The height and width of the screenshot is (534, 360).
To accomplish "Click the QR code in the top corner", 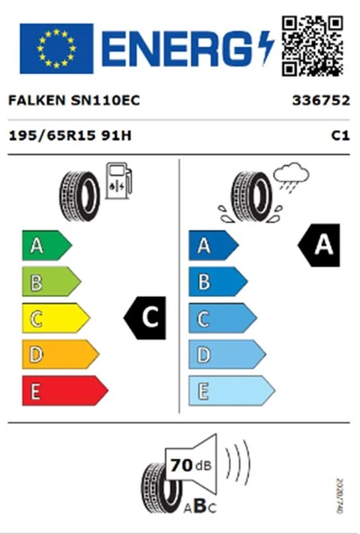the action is click(312, 46).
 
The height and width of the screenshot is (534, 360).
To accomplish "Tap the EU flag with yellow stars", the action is click(57, 49).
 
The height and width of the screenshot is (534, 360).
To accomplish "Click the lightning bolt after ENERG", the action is click(266, 48).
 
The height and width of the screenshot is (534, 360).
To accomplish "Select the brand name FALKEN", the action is click(36, 100).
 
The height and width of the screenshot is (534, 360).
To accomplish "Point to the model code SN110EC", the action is click(106, 100).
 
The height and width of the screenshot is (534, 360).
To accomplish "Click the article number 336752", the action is click(321, 100).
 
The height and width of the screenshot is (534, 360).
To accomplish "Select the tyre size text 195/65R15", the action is click(51, 136).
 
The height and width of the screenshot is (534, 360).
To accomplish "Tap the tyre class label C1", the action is click(340, 136).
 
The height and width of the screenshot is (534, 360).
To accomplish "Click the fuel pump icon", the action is click(118, 180).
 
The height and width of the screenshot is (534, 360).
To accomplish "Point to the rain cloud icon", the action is click(291, 178).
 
